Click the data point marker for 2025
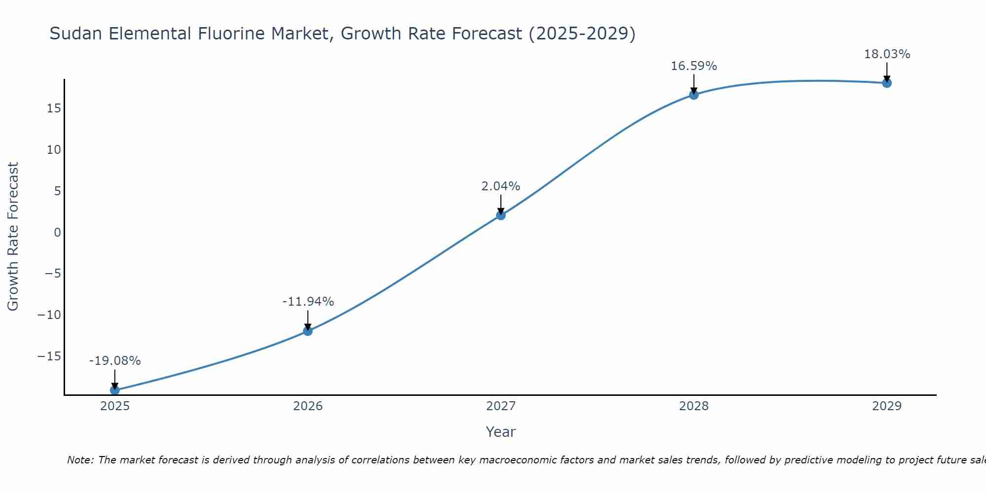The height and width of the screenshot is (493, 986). click(115, 390)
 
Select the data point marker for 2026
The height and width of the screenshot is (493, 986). click(308, 331)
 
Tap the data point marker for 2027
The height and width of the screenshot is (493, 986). click(501, 215)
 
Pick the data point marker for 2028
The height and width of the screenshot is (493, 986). click(694, 95)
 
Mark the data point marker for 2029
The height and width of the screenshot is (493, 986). click(887, 83)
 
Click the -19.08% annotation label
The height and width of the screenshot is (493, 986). click(115, 361)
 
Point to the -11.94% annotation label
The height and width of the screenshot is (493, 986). click(308, 302)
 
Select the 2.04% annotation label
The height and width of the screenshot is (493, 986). click(501, 186)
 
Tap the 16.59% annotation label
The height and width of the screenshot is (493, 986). click(694, 66)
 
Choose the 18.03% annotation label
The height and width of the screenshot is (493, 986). click(887, 54)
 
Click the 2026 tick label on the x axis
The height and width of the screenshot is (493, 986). click(308, 406)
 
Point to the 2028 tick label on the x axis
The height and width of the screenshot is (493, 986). click(694, 406)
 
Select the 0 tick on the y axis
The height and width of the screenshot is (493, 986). click(57, 232)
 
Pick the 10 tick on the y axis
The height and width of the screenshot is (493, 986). click(54, 149)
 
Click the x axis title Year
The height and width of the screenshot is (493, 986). click(501, 432)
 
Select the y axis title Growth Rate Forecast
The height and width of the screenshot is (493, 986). click(13, 237)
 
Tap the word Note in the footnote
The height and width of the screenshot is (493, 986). click(79, 460)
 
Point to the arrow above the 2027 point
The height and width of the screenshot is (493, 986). click(501, 203)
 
